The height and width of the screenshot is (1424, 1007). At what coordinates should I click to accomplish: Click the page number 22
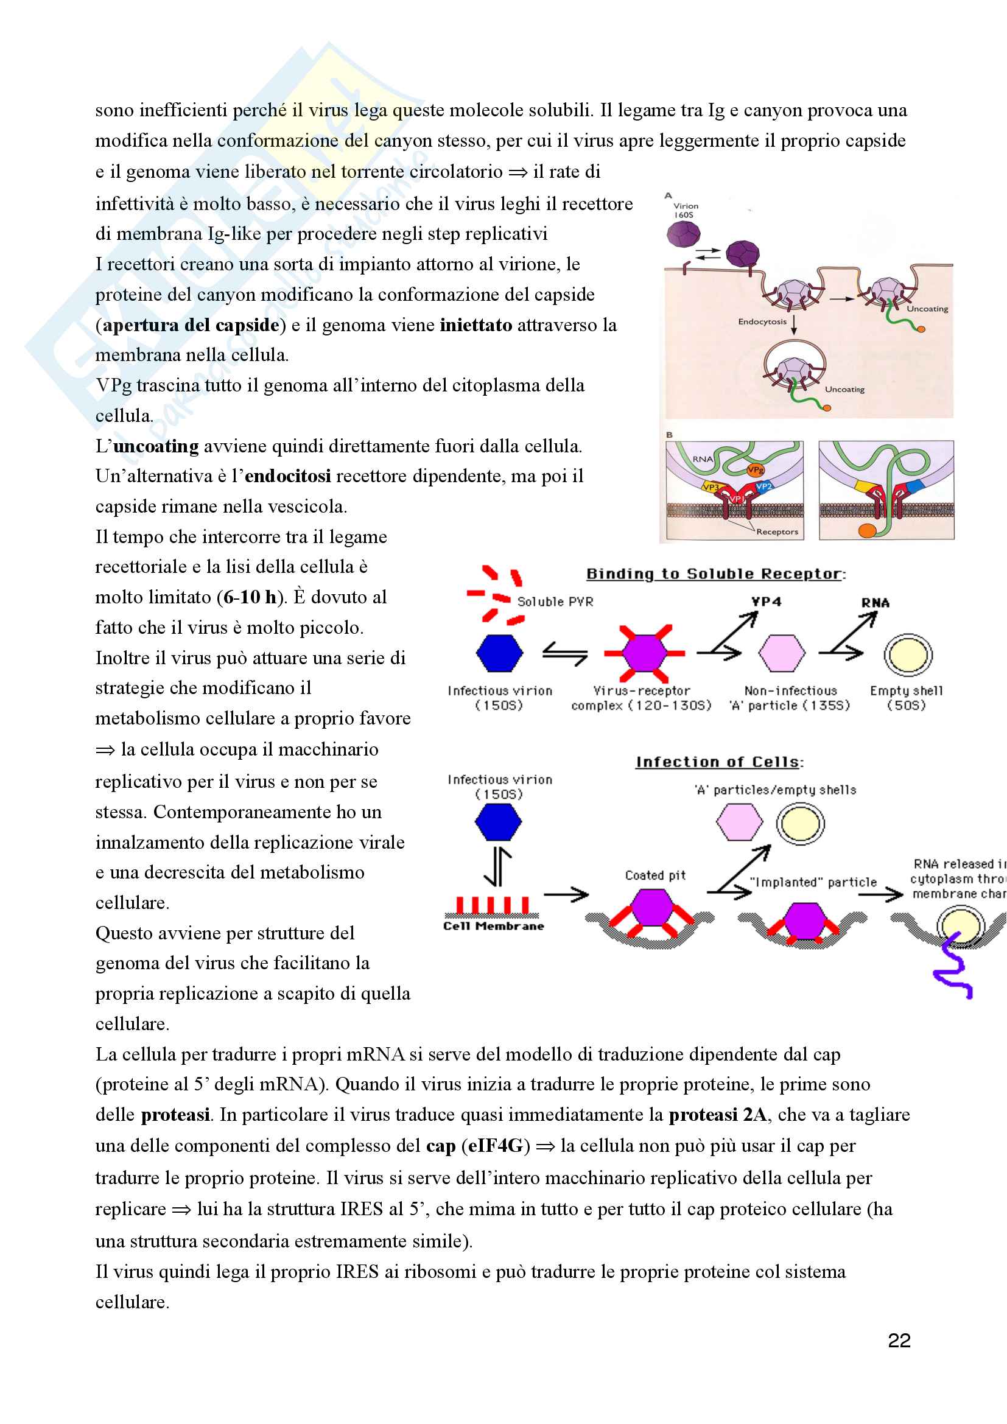(899, 1340)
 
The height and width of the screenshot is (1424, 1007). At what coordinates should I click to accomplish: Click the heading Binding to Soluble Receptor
(715, 573)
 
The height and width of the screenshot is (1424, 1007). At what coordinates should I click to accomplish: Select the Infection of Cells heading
(718, 762)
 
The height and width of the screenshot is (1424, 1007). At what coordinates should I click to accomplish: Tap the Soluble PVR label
(555, 602)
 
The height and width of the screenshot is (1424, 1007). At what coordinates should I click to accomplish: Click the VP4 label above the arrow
(767, 602)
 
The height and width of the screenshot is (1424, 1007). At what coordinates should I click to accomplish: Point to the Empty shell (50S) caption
(906, 698)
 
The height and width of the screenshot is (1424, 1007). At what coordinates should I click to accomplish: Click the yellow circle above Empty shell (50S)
(908, 655)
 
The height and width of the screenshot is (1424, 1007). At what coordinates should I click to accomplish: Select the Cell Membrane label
(494, 926)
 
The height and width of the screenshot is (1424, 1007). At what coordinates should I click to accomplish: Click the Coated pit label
(655, 875)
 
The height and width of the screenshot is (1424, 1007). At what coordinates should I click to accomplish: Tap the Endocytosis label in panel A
(762, 321)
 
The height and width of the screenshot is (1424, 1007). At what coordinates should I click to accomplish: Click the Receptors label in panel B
(777, 531)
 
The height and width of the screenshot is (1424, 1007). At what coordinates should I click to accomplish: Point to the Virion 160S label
(685, 210)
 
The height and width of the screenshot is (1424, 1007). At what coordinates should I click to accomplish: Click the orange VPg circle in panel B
(755, 469)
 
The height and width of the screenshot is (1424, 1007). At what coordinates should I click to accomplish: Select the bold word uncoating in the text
(156, 446)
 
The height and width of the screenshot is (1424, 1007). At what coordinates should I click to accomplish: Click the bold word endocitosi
(288, 476)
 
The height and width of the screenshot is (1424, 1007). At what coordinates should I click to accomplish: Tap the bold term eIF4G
(496, 1146)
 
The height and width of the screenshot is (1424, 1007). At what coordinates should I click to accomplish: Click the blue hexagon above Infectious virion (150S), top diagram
(499, 653)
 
